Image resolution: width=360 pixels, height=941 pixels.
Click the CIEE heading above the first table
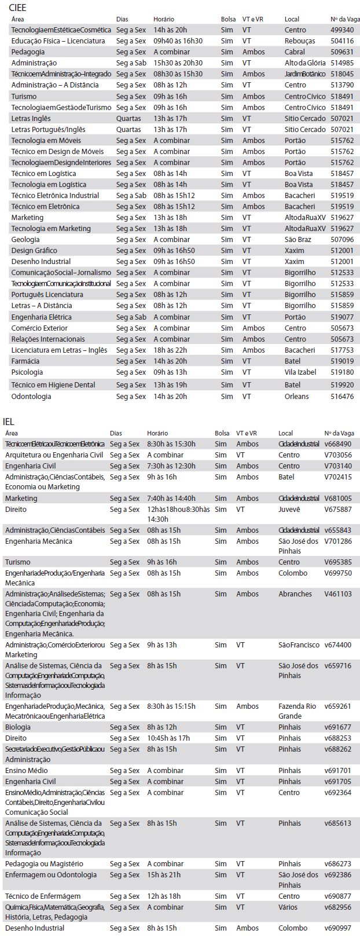[17, 8]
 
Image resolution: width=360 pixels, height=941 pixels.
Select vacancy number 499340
[342, 30]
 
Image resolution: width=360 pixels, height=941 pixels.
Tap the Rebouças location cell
[300, 41]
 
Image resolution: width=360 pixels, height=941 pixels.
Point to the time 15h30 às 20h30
[178, 63]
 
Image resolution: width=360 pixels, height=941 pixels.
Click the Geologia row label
[25, 240]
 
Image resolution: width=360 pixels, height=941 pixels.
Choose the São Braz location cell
[297, 240]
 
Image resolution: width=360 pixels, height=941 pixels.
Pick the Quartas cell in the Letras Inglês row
[128, 119]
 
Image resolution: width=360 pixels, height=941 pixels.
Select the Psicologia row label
[27, 372]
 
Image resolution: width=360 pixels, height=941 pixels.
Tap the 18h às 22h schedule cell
[170, 350]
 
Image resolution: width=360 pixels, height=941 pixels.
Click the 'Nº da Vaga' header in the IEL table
[339, 433]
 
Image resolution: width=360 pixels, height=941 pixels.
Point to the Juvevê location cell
[289, 510]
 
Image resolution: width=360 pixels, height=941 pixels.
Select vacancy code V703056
[338, 455]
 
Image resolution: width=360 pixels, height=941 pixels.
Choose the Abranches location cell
[295, 594]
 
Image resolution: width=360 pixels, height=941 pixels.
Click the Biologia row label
[18, 727]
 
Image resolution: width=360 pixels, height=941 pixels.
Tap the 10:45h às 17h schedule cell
[168, 738]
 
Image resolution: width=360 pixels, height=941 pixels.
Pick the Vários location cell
[289, 907]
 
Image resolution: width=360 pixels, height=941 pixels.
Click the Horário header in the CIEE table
[164, 20]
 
